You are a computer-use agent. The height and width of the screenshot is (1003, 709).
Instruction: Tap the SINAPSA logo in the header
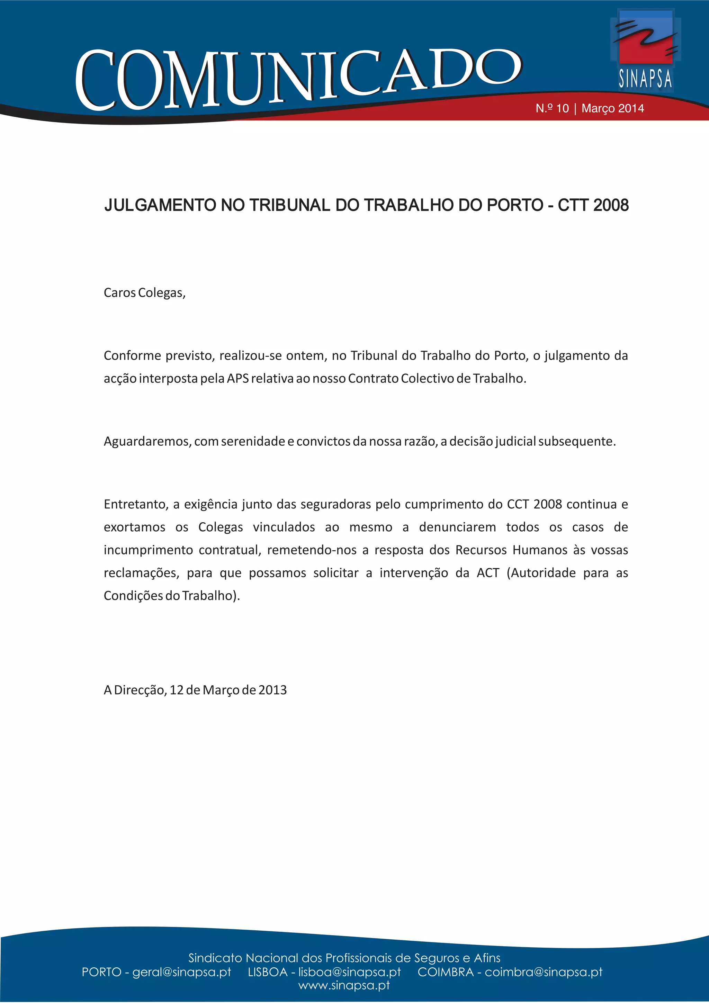click(x=645, y=50)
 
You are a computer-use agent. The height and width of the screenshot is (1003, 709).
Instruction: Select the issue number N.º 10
click(x=552, y=108)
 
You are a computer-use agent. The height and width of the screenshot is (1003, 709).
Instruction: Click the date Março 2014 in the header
click(x=612, y=108)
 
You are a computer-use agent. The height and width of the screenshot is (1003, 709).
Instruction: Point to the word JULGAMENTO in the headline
click(x=160, y=205)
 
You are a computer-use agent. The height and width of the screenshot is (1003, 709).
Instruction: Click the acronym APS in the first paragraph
click(x=237, y=378)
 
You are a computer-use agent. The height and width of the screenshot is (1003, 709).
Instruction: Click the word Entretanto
click(x=136, y=505)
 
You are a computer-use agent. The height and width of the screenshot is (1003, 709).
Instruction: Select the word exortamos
click(x=135, y=527)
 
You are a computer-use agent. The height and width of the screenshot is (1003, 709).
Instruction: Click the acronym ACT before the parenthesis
click(x=487, y=573)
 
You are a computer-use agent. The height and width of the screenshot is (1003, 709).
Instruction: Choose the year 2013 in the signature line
click(x=272, y=690)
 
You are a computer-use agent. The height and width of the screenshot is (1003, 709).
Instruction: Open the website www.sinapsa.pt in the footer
click(x=344, y=986)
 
